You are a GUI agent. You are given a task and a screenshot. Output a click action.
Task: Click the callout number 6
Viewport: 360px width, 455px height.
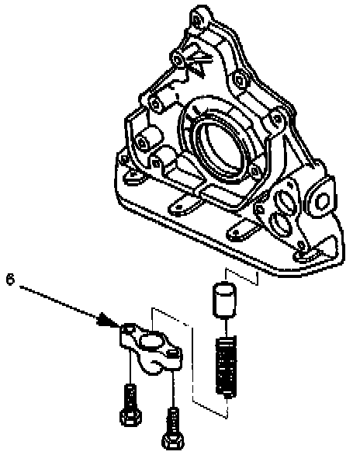click(10, 280)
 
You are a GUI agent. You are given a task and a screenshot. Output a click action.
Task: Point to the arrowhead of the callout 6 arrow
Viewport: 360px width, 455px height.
click(109, 321)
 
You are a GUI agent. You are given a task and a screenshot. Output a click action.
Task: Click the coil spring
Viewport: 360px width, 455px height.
click(227, 366)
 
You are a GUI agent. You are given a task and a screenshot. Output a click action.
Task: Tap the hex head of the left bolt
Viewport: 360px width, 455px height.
click(130, 417)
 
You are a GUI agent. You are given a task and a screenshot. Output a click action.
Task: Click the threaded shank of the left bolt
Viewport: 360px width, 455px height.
click(130, 396)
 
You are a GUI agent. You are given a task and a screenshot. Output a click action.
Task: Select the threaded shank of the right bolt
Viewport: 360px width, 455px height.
click(173, 420)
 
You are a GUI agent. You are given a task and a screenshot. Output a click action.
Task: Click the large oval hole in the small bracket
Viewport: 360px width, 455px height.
click(151, 340)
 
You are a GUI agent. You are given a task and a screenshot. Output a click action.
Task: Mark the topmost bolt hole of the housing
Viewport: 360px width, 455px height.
click(197, 20)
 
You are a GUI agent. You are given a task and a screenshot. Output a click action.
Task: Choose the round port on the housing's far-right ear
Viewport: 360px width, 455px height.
click(321, 200)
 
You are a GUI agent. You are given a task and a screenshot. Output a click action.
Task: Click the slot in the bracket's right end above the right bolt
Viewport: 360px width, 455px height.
click(172, 353)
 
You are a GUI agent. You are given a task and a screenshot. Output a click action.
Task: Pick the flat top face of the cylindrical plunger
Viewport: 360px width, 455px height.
click(224, 287)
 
